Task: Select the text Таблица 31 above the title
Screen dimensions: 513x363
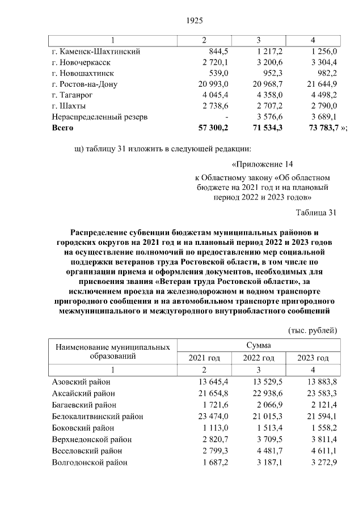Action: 316,213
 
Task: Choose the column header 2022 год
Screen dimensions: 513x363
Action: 259,358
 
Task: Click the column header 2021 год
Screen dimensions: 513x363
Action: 204,358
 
